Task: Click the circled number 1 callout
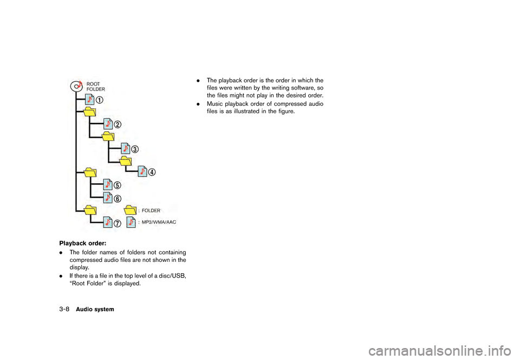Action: click(101, 100)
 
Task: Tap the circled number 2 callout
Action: click(118, 124)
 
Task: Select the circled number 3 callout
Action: click(135, 149)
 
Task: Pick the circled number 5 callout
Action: click(118, 185)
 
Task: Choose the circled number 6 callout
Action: click(118, 198)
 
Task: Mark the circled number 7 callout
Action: click(118, 223)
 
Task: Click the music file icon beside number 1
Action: click(90, 100)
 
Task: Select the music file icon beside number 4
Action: click(142, 171)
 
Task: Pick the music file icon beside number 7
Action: click(108, 222)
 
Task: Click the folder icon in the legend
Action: click(130, 209)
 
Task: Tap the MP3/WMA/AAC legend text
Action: click(159, 222)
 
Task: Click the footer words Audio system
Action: click(95, 309)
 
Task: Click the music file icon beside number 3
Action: click(125, 147)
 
